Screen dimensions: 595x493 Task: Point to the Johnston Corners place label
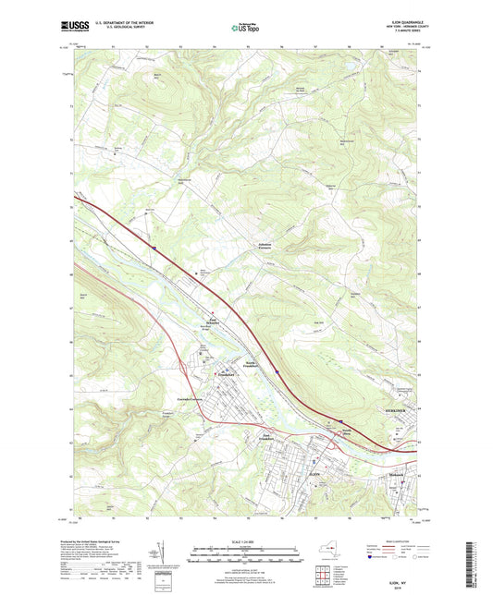[x=266, y=246]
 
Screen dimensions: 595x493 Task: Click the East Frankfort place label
[x=269, y=437]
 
